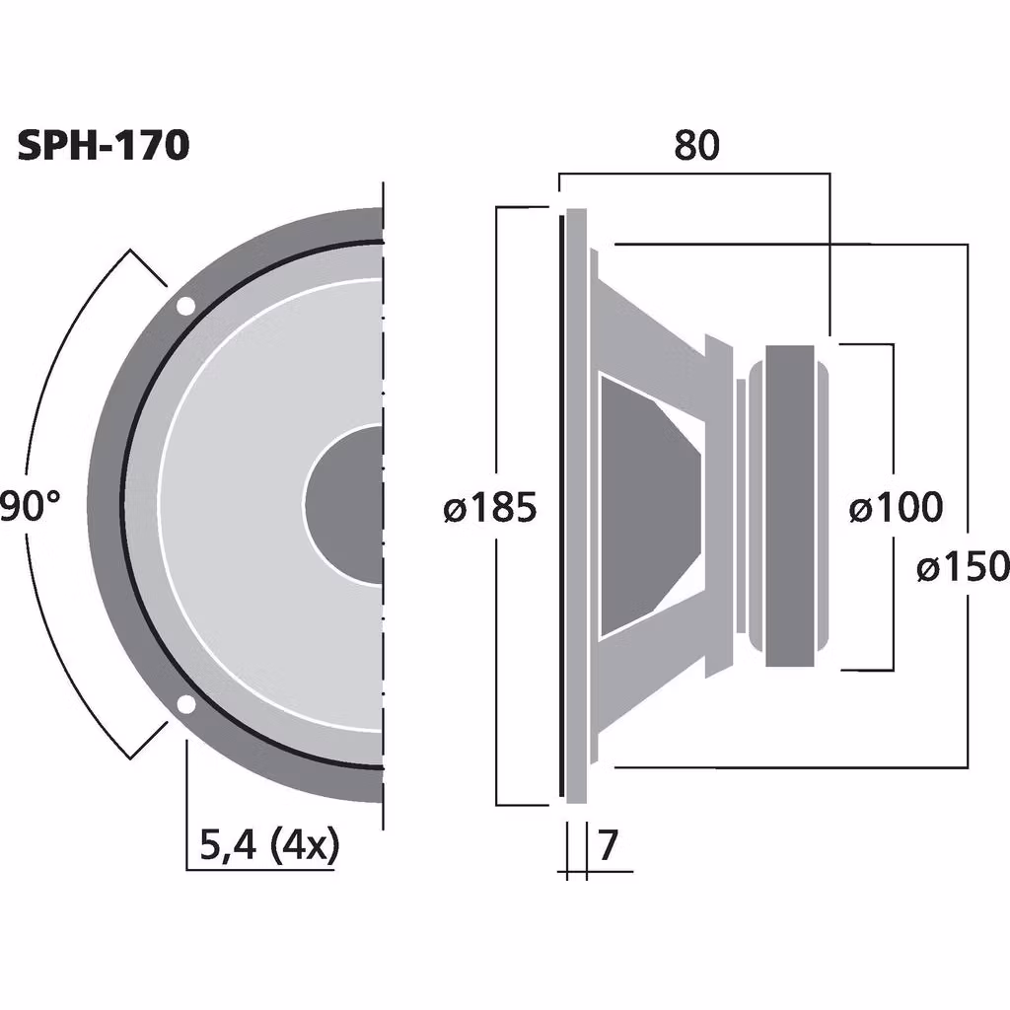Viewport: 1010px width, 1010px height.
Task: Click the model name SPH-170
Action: pos(103,145)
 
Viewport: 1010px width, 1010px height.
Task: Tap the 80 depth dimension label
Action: pos(696,145)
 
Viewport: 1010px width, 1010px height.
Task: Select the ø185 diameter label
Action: pos(490,508)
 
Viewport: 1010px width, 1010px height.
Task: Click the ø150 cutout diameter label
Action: pos(962,567)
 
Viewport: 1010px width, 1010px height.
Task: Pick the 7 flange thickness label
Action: pos(609,845)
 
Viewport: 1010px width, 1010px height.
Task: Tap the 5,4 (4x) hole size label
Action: pos(268,845)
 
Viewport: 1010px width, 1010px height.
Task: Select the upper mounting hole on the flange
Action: pos(184,307)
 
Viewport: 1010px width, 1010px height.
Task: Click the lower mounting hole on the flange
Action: pos(184,704)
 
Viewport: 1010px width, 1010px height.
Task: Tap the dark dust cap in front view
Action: pos(345,505)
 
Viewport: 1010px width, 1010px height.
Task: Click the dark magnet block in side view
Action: pos(789,505)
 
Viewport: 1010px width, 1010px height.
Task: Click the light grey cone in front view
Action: pos(237,505)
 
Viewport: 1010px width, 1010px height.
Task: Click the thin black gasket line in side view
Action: pos(563,505)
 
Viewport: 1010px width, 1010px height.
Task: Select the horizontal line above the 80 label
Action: pos(695,174)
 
